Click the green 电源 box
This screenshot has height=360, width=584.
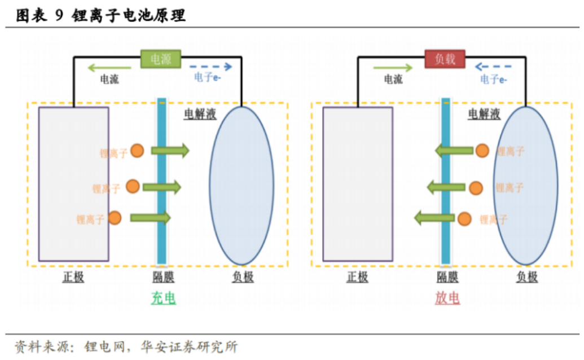pos(160,59)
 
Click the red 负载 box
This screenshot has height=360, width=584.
pos(445,59)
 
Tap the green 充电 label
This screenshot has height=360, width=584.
pos(163,298)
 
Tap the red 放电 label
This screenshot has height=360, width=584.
pos(447,298)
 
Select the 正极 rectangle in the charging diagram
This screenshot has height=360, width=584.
pos(73,183)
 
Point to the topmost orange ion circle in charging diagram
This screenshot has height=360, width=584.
pos(137,151)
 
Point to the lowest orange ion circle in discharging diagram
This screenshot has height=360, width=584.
pos(464,219)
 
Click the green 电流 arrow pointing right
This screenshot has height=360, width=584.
pos(393,68)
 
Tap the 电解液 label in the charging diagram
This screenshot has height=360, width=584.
pos(200,115)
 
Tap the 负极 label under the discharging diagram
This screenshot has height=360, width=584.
pos(526,277)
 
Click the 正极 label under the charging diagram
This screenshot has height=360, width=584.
pos(73,277)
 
